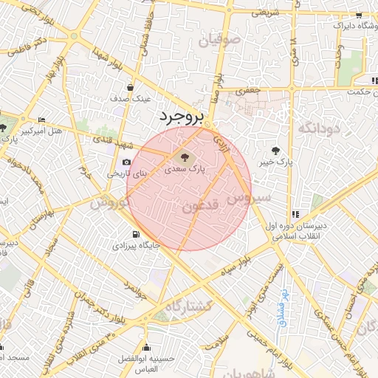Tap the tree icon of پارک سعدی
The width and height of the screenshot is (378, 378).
[x=182, y=156]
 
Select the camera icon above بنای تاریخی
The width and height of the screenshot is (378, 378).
[x=126, y=162]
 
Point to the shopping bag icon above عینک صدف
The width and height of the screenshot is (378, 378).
[x=131, y=87]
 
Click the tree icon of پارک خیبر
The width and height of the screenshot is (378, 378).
[x=276, y=150]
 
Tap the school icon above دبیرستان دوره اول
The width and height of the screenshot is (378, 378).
[x=295, y=215]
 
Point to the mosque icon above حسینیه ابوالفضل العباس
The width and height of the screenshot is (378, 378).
[x=148, y=347]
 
